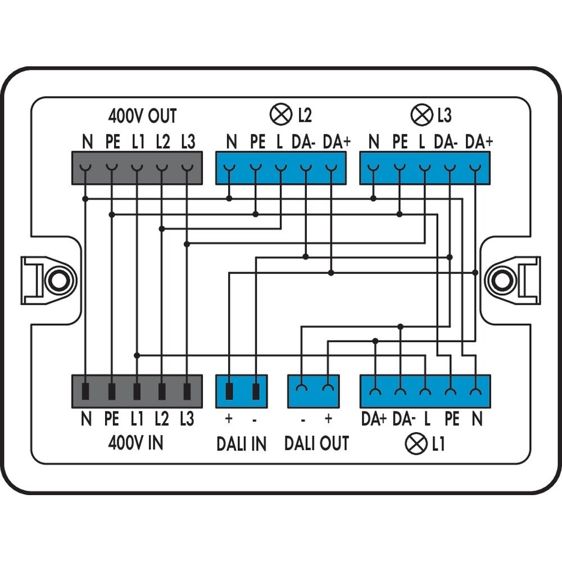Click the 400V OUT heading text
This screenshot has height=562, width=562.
[x=142, y=116]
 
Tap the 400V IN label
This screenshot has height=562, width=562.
[x=135, y=443]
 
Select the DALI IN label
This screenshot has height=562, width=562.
[x=242, y=443]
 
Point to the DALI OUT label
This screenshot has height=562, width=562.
[x=316, y=443]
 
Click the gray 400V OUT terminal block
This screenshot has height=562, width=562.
[x=137, y=167]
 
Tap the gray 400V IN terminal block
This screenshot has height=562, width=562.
[x=137, y=391]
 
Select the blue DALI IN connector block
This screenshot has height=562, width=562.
[x=242, y=391]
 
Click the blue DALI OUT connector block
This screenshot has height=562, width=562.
[x=314, y=391]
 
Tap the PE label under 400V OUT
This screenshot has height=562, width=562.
[x=112, y=142]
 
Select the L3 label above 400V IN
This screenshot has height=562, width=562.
[x=187, y=419]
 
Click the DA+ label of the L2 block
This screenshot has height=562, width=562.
[x=337, y=142]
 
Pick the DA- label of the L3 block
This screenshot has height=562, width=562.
[x=446, y=142]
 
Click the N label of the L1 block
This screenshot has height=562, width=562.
[x=477, y=419]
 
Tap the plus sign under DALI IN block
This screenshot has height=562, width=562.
[x=229, y=419]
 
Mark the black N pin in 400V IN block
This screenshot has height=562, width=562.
[x=86, y=390]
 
